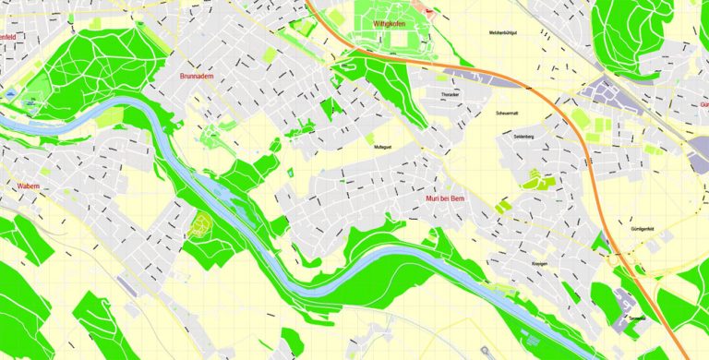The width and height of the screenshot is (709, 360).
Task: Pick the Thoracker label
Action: click(x=451, y=95)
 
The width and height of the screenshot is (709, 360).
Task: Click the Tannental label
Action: click(x=637, y=318)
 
